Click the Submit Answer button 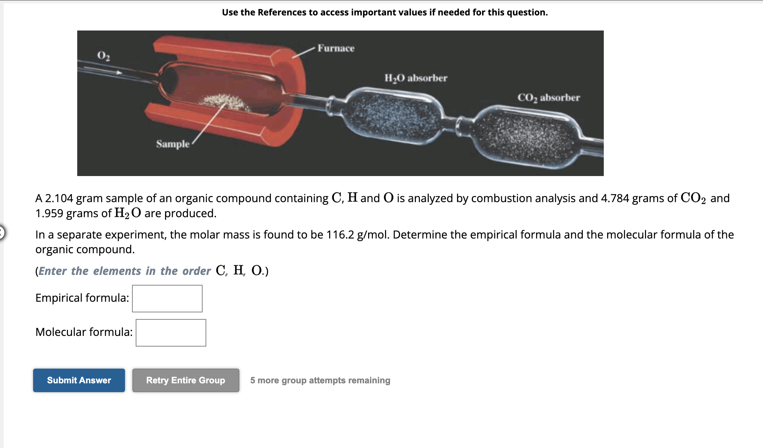(79, 380)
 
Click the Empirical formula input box (167, 298)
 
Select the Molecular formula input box (171, 333)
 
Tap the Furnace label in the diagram (336, 48)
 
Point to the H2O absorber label (416, 78)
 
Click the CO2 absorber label (549, 98)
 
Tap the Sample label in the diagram (173, 144)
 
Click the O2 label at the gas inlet (104, 55)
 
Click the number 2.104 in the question (59, 198)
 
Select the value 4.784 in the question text (615, 198)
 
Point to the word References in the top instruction (282, 12)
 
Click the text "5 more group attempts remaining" (320, 380)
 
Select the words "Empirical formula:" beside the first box (82, 298)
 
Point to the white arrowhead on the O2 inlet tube (119, 72)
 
